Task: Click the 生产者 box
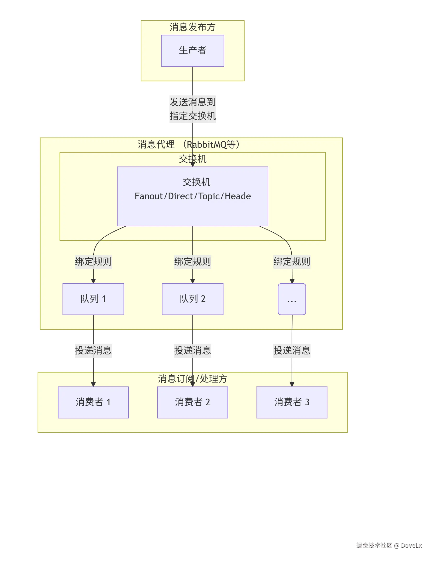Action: [192, 51]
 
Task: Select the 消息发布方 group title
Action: [192, 27]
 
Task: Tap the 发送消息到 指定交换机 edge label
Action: [192, 109]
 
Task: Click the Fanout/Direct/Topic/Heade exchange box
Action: [192, 196]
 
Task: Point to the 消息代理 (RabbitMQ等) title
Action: [189, 144]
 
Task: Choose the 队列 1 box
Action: [93, 299]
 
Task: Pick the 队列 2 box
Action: [192, 299]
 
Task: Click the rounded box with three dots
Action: [292, 299]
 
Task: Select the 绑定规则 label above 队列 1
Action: [93, 262]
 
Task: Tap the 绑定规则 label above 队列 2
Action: [192, 262]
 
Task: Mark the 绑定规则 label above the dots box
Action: [292, 262]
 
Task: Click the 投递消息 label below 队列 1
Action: [93, 351]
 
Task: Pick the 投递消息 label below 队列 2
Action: [192, 351]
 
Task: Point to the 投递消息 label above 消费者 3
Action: [292, 351]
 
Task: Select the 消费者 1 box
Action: [93, 402]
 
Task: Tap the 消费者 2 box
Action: [192, 402]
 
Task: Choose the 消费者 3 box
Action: [292, 402]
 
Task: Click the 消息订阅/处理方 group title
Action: [192, 379]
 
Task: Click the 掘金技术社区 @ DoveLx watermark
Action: [389, 545]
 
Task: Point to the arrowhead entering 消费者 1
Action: [93, 384]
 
